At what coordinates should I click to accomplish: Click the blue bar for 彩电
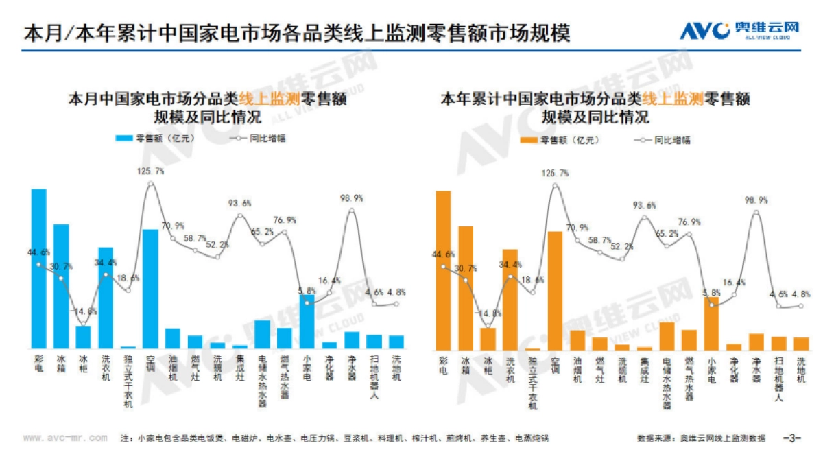[x=39, y=268]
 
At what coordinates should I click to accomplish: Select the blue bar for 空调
[x=151, y=289]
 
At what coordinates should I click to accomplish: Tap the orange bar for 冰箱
[x=466, y=287]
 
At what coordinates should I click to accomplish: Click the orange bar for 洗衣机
[x=510, y=299]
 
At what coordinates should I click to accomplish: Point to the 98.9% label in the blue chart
[x=352, y=198]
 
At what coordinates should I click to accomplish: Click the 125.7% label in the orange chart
[x=555, y=174]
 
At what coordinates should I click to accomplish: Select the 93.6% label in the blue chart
[x=239, y=203]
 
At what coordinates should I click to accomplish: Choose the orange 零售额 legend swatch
[x=529, y=140]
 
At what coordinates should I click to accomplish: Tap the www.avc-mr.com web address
[x=64, y=438]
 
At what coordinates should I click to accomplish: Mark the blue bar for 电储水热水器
[x=262, y=334]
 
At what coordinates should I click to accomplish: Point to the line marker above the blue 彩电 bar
[x=39, y=265]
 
